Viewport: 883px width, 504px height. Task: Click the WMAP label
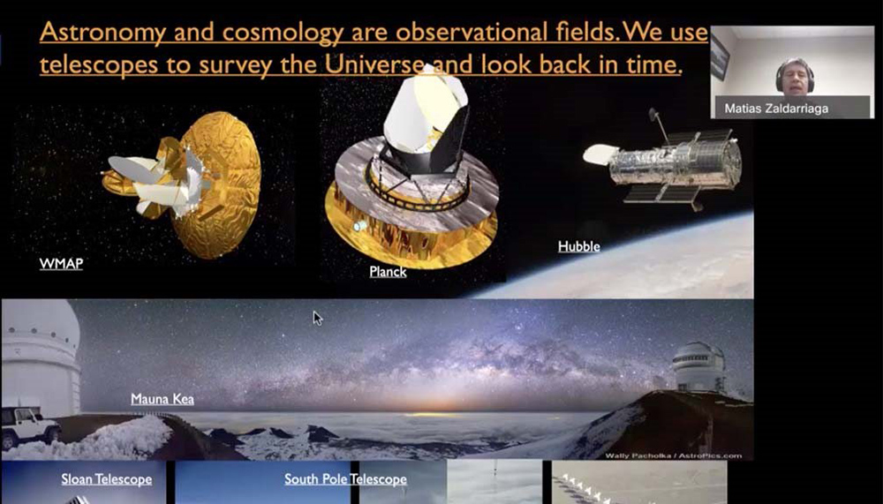pos(61,264)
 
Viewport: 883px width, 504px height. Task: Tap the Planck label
pos(388,272)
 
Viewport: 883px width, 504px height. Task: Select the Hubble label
pos(579,246)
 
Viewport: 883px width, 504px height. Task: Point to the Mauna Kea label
pos(162,399)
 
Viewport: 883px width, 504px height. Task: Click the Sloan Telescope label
pos(107,479)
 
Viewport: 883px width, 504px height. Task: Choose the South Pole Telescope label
pos(345,479)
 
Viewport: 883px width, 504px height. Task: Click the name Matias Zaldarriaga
pos(776,109)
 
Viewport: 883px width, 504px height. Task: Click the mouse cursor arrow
pos(318,318)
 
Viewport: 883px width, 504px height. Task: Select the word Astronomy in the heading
pos(103,33)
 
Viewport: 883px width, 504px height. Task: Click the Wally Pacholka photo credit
pos(674,455)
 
